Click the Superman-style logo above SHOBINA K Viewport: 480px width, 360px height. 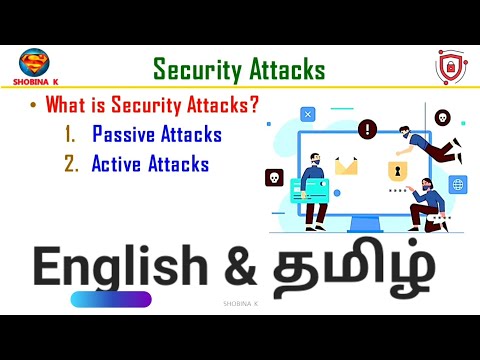[36, 62]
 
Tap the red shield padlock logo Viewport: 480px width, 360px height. [450, 67]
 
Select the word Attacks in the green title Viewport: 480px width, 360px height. [287, 69]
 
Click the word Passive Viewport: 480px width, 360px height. [124, 134]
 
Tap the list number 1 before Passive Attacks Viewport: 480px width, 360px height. [70, 134]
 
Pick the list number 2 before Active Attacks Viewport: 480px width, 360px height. [70, 162]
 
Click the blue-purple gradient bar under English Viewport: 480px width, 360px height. [105, 299]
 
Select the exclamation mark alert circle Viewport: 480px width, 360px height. [367, 128]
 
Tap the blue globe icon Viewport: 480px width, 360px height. [458, 185]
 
